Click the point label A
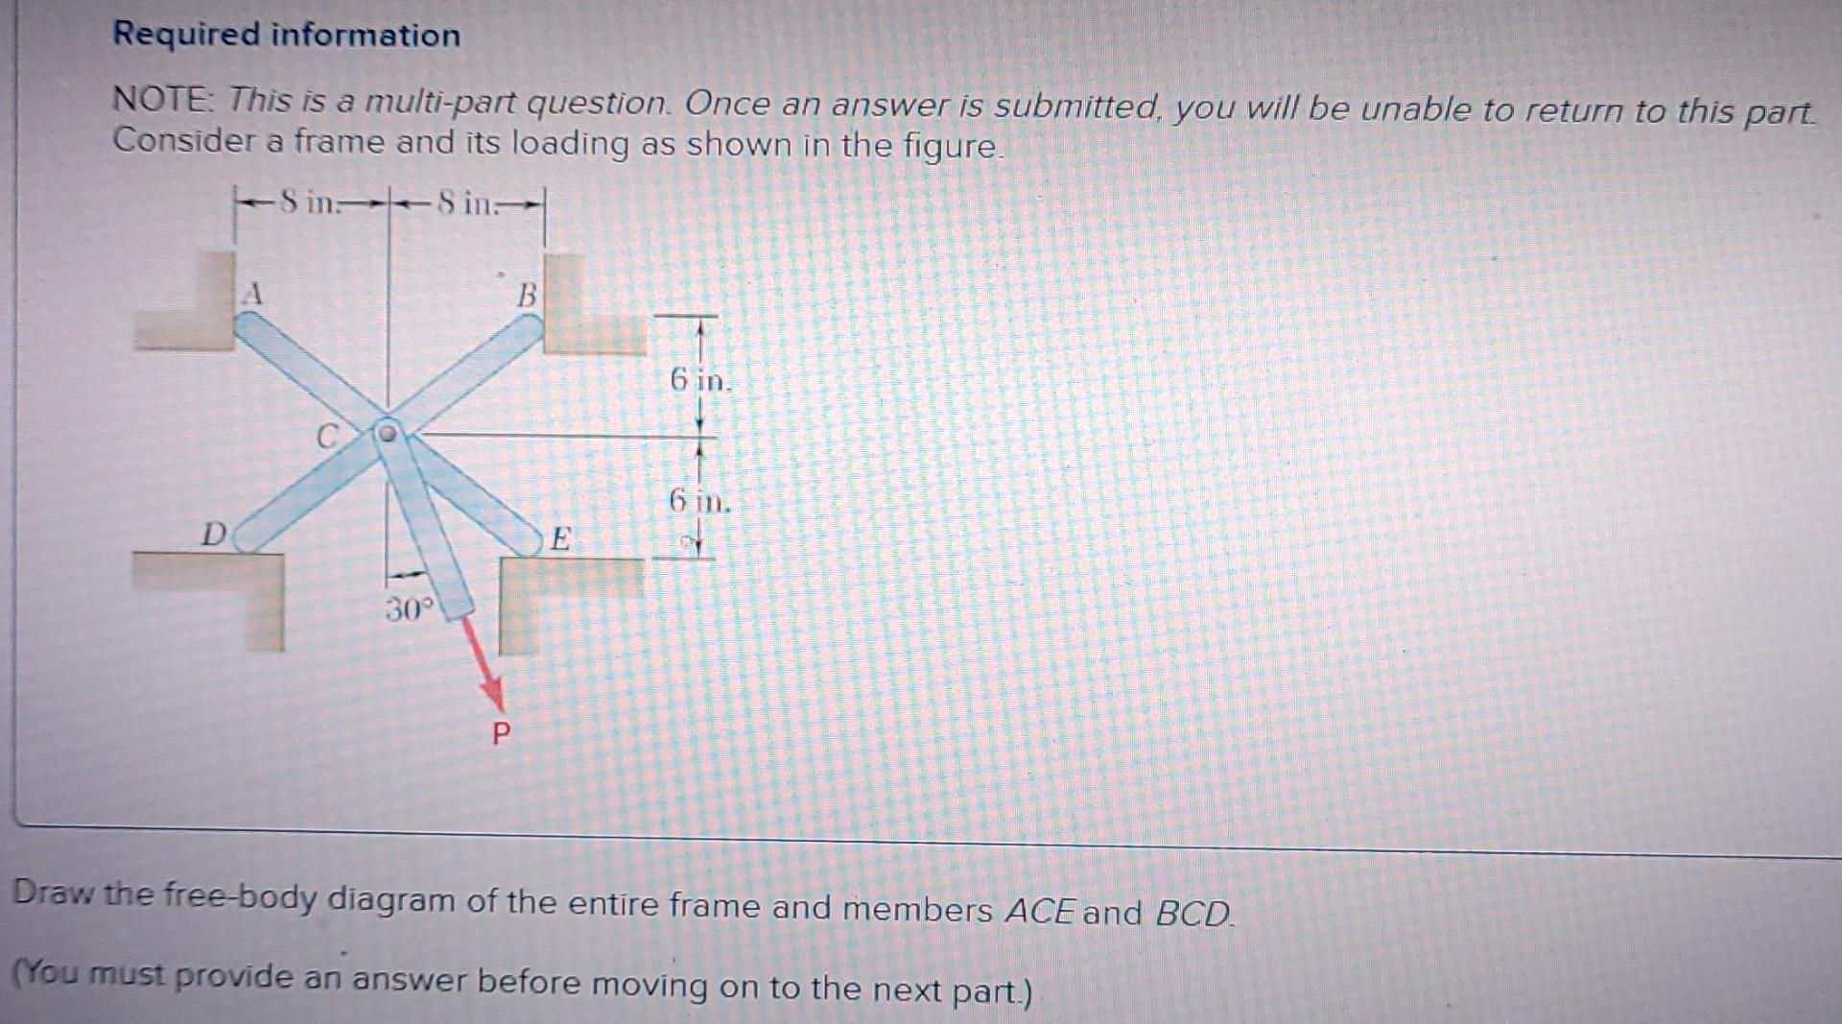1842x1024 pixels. pyautogui.click(x=252, y=293)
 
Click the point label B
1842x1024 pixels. pyautogui.click(x=527, y=296)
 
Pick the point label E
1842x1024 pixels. pyautogui.click(x=560, y=538)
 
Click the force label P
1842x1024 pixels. pyautogui.click(x=501, y=734)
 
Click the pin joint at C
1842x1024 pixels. pyautogui.click(x=387, y=433)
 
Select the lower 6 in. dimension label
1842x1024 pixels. pyautogui.click(x=699, y=500)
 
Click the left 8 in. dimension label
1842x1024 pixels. pyautogui.click(x=309, y=202)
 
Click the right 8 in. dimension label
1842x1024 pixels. pyautogui.click(x=466, y=203)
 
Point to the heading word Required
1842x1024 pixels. pyautogui.click(x=186, y=35)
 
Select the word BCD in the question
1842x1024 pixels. pyautogui.click(x=1193, y=912)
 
